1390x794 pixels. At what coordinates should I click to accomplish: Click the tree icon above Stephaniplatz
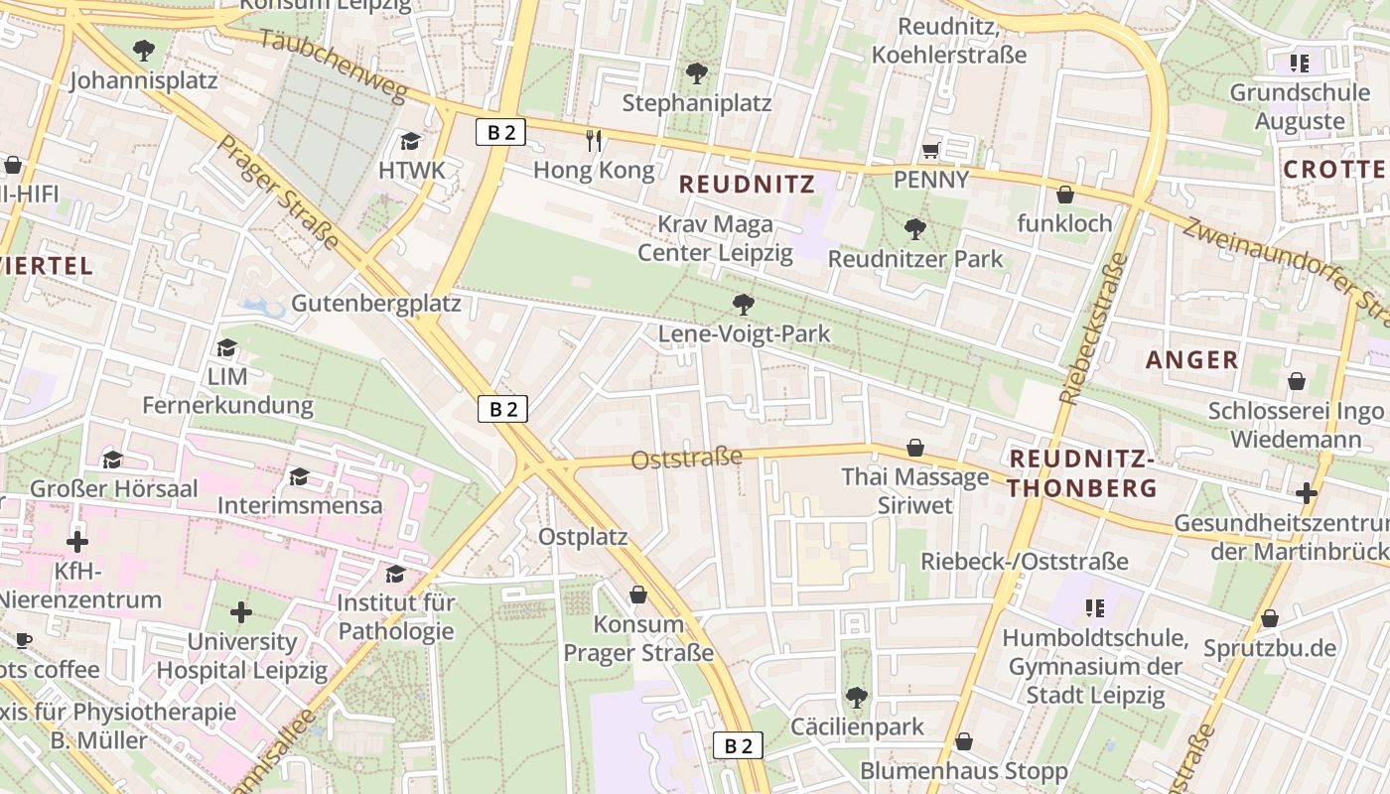point(696,72)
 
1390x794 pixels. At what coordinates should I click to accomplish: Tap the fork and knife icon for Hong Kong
point(594,140)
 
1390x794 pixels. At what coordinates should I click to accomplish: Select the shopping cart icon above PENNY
point(930,150)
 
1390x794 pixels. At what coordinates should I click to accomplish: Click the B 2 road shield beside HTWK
point(500,132)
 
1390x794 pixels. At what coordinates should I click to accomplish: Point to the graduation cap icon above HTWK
point(411,141)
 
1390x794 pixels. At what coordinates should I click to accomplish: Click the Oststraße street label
point(687,459)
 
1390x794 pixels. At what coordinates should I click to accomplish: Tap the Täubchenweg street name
point(334,66)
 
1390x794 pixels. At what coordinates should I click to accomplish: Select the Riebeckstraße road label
point(1093,328)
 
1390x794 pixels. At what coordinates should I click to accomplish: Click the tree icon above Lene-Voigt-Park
point(742,304)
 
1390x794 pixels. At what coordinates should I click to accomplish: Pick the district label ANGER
point(1192,359)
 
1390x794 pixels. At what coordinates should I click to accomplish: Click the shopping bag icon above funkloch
point(1064,195)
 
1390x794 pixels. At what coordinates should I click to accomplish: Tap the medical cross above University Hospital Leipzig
point(241,612)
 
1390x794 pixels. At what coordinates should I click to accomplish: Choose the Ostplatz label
point(583,537)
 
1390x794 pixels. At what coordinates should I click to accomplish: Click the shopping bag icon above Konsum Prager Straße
point(638,595)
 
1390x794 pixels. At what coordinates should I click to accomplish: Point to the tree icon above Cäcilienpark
point(856,697)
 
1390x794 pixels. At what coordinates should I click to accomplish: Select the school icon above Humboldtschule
point(1094,607)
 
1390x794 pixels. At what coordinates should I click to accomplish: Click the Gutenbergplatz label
point(375,303)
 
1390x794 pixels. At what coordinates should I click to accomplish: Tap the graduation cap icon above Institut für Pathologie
point(395,574)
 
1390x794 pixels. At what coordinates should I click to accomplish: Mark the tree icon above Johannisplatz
point(143,50)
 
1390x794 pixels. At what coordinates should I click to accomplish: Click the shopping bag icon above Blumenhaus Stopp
point(963,741)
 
